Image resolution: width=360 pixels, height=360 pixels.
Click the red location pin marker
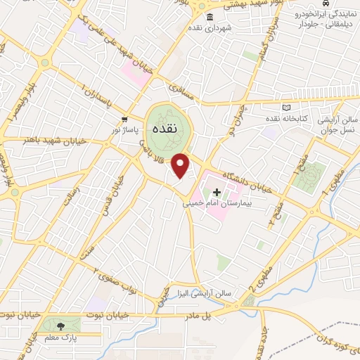pyautogui.click(x=181, y=165)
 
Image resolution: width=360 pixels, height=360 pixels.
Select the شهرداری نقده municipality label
pyautogui.click(x=210, y=27)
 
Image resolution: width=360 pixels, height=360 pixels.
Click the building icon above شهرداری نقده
pyautogui.click(x=210, y=17)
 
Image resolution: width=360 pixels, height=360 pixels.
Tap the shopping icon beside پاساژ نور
pyautogui.click(x=124, y=119)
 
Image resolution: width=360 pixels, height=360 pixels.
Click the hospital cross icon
pyautogui.click(x=217, y=192)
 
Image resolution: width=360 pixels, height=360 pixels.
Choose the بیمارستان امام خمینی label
pyautogui.click(x=217, y=203)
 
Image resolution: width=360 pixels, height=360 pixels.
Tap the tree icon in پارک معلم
pyautogui.click(x=60, y=325)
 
